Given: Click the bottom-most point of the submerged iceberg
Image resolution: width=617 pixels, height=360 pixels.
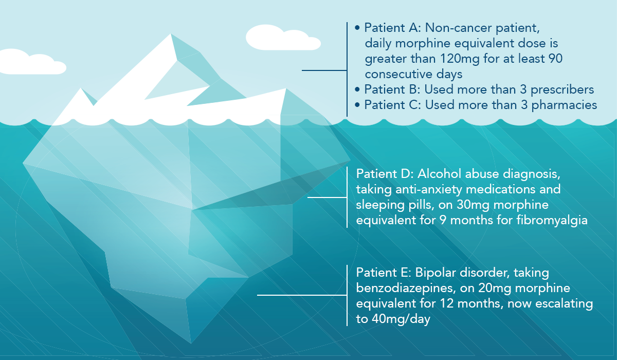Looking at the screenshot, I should click(191, 341).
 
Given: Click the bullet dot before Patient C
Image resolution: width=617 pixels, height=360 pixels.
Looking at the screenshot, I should click(357, 105).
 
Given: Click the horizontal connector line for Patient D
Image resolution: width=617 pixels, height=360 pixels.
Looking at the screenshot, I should click(327, 197).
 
